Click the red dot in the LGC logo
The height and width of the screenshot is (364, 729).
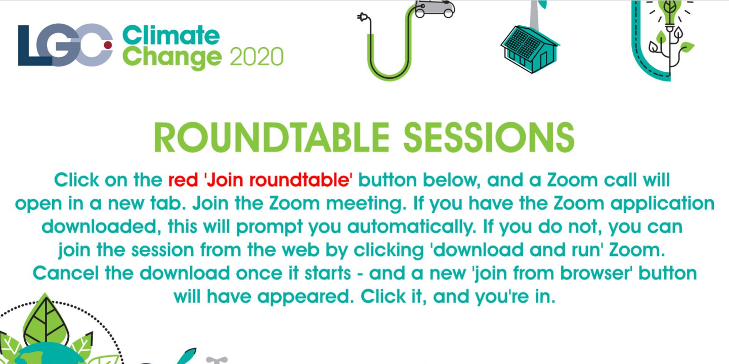pyautogui.click(x=108, y=45)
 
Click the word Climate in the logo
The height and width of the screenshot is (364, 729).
pyautogui.click(x=171, y=35)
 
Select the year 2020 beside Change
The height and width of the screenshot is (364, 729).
pyautogui.click(x=257, y=57)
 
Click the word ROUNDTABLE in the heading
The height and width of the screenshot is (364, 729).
pyautogui.click(x=272, y=138)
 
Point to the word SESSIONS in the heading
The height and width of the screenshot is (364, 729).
pyautogui.click(x=489, y=138)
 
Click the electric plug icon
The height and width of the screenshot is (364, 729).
pyautogui.click(x=363, y=17)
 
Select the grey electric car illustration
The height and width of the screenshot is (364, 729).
pyautogui.click(x=435, y=9)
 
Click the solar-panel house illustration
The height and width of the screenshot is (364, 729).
pyautogui.click(x=529, y=49)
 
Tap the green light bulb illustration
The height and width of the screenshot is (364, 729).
pyautogui.click(x=670, y=12)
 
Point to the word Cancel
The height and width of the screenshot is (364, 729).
pyautogui.click(x=65, y=273)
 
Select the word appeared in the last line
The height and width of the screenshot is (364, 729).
pyautogui.click(x=306, y=297)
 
